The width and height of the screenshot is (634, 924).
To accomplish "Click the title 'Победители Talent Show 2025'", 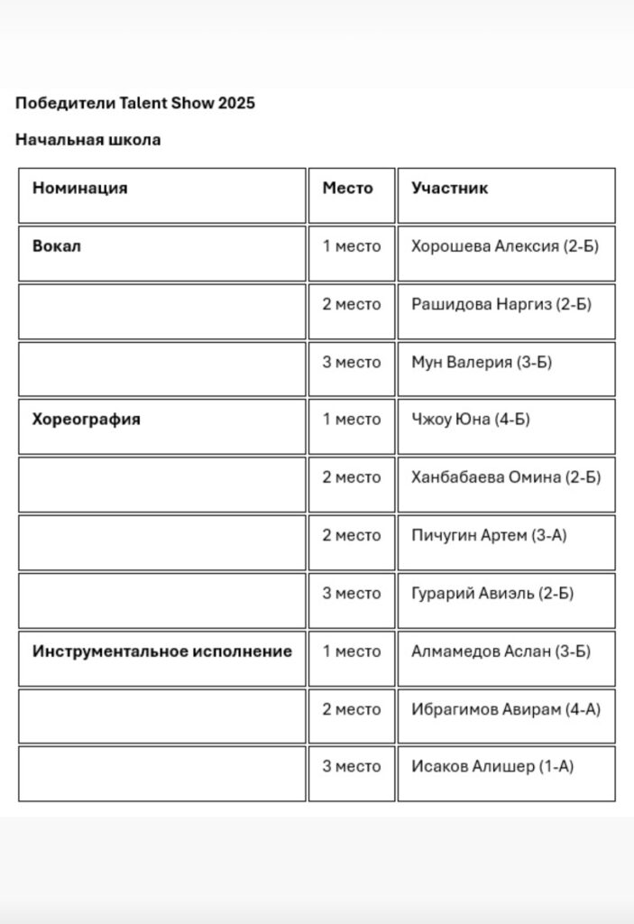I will tap(135, 103).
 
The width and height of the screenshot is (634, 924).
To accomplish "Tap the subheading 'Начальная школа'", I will tap(88, 140).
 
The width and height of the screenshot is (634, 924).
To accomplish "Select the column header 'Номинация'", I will tap(80, 189).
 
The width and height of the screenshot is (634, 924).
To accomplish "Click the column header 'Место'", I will tap(348, 189).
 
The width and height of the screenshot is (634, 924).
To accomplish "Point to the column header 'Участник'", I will tap(450, 189).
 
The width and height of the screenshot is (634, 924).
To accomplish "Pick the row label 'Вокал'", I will tap(57, 245).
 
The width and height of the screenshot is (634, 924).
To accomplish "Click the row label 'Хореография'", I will tap(87, 420).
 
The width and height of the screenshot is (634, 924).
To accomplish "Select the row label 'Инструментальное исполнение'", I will tap(162, 651).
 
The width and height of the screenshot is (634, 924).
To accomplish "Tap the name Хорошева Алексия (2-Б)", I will tap(505, 246).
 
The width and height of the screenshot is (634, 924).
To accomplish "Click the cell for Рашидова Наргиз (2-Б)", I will tap(501, 304).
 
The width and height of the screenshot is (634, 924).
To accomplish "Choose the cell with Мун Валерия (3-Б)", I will tap(482, 362).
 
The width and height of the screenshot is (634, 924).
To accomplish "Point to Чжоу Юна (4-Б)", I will tap(471, 420).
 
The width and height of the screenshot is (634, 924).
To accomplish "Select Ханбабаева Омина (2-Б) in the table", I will tap(506, 477).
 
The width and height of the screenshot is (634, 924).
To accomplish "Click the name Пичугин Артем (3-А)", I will tap(489, 535).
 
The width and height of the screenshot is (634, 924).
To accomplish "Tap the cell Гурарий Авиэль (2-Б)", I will tap(492, 594).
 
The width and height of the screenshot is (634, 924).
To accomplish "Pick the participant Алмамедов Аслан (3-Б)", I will tap(501, 651).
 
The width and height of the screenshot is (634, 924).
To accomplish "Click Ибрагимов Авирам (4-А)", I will tap(506, 709).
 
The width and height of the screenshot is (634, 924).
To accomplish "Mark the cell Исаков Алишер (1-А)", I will tap(492, 767).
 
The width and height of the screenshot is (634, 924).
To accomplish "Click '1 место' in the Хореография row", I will tap(352, 420).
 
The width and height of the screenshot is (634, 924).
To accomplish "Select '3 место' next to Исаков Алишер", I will tap(352, 767).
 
